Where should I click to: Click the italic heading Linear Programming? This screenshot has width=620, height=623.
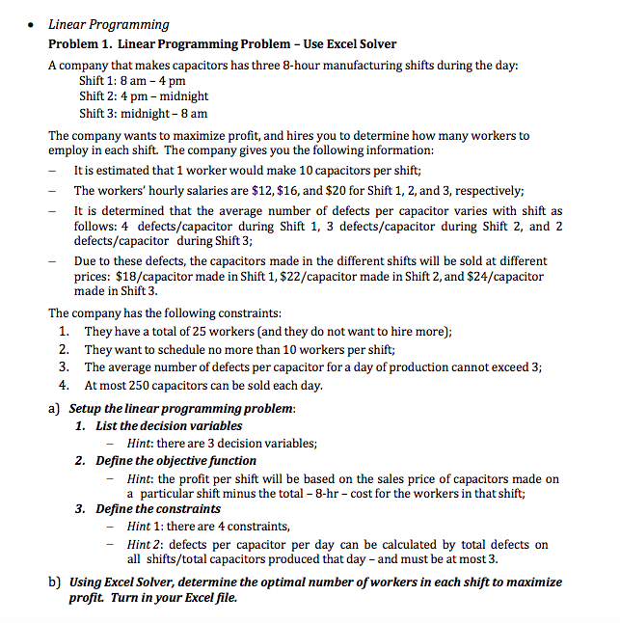tap(109, 24)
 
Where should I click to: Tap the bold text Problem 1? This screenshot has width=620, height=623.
tap(81, 44)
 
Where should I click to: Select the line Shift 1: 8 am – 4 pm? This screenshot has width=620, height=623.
tap(131, 81)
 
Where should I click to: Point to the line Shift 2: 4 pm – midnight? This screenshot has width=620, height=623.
tap(144, 96)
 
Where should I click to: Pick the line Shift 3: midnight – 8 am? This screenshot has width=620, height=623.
tap(144, 113)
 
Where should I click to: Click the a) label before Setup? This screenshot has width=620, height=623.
tap(55, 408)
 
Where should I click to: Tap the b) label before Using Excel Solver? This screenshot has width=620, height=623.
tap(55, 582)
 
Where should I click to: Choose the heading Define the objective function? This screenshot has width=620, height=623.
tap(176, 461)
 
